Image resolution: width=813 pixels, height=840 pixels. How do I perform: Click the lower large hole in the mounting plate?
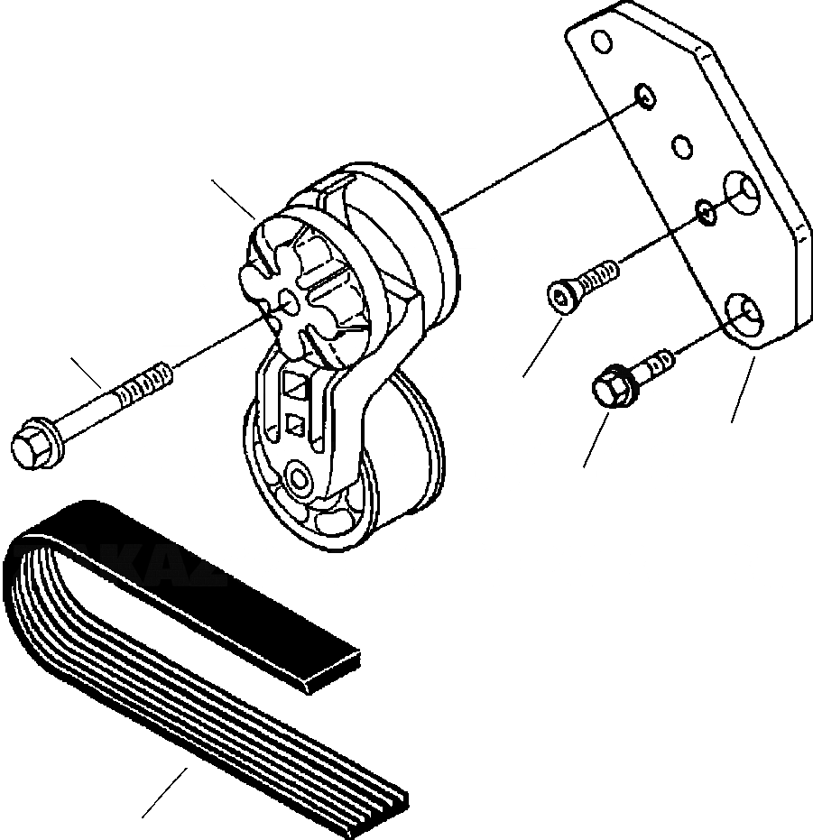[x=745, y=314]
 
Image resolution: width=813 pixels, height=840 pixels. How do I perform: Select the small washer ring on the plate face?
[x=705, y=212]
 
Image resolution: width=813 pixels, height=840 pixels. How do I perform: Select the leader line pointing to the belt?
[x=164, y=791]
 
